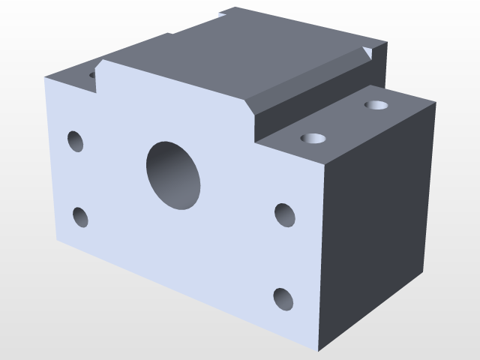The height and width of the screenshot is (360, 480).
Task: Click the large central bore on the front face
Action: tap(174, 175)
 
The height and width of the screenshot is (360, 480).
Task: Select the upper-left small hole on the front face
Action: tap(76, 141)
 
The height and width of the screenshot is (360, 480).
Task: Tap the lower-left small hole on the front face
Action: tap(80, 217)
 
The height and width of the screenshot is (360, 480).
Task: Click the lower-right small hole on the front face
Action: tap(283, 298)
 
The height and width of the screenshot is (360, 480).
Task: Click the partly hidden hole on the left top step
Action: tap(92, 75)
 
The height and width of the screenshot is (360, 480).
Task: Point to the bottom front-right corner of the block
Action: tap(320, 349)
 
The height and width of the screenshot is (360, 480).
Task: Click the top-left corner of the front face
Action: tap(46, 78)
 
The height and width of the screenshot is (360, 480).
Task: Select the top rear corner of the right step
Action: tap(435, 103)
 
